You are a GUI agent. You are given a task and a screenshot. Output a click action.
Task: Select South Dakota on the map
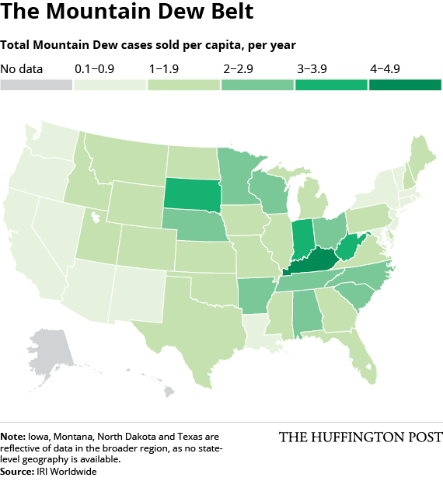(x=193, y=193)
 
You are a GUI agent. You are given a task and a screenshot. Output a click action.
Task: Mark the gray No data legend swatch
(x=37, y=85)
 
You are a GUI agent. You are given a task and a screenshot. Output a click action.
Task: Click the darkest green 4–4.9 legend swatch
(x=405, y=85)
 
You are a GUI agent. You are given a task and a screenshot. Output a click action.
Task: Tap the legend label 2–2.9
(x=238, y=69)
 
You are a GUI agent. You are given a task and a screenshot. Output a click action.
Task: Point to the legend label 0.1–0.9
(x=95, y=69)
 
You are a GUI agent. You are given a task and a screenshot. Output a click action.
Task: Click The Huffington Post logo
(x=361, y=437)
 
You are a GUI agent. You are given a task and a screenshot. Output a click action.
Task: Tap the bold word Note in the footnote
(x=13, y=437)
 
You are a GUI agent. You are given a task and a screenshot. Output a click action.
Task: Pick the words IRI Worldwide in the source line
(x=67, y=471)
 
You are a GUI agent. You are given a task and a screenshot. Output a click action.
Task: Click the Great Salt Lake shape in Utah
(x=96, y=217)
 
